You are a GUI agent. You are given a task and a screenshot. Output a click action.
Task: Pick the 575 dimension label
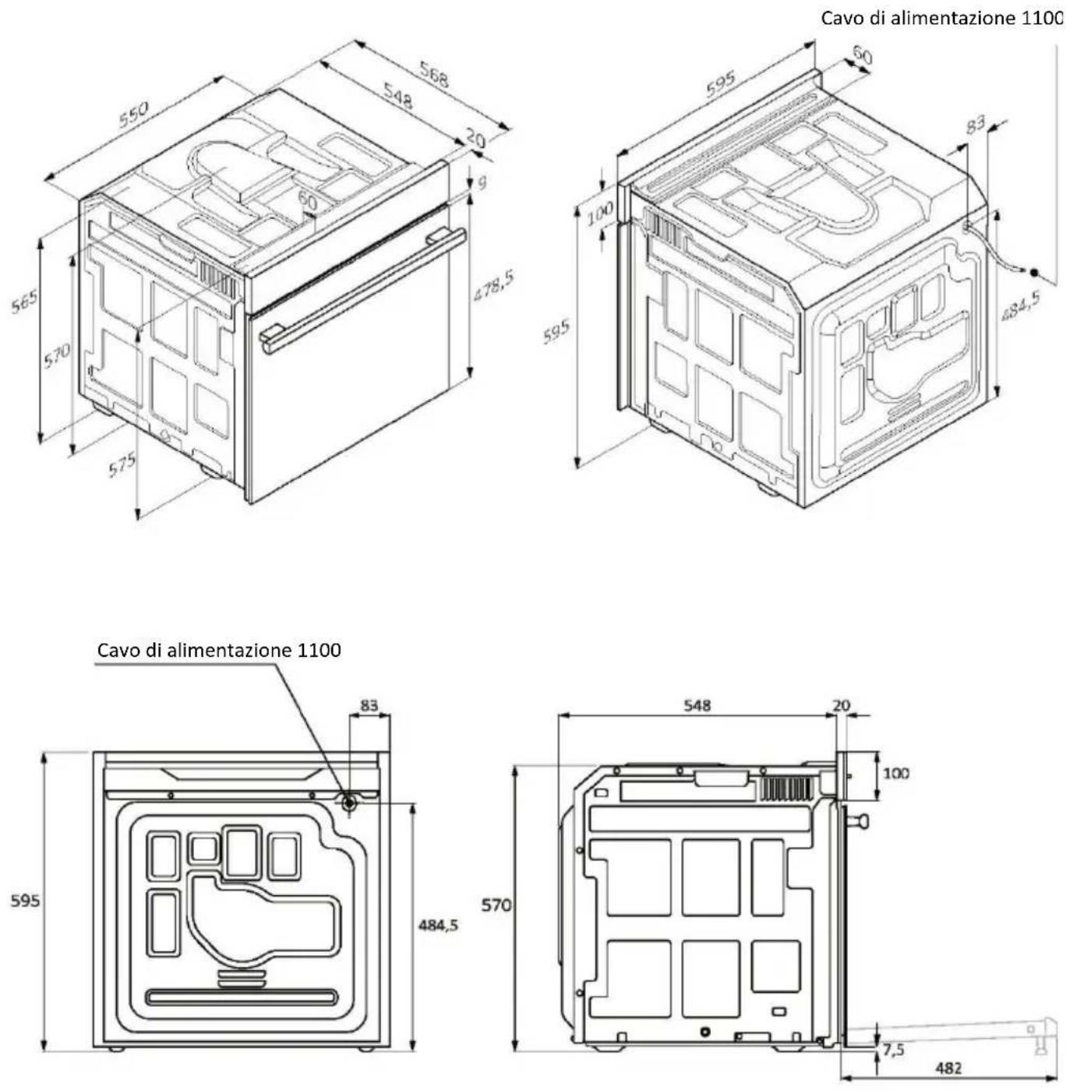pos(122,464)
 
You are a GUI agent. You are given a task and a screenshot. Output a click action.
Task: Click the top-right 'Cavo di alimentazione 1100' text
pos(941,19)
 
